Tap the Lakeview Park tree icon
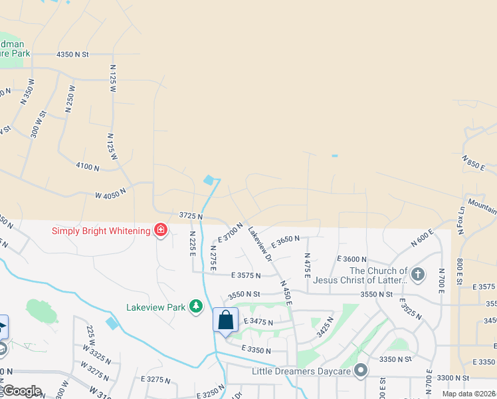click(195, 307)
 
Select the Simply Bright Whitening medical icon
click(160, 230)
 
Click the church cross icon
click(418, 273)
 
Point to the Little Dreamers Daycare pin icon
click(361, 370)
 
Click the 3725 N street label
click(191, 217)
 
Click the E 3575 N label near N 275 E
click(252, 275)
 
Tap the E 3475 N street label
click(258, 321)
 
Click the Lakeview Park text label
click(157, 307)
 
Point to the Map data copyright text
click(474, 394)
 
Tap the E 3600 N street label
click(351, 259)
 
